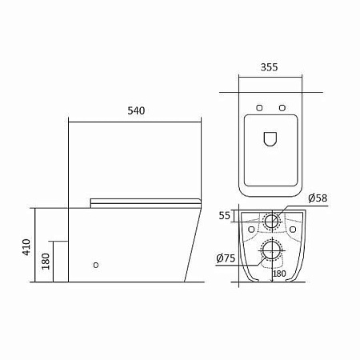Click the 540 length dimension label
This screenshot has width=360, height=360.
(136, 110)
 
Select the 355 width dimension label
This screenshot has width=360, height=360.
(269, 67)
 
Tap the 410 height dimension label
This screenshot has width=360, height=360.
(26, 247)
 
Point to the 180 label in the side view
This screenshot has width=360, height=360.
(46, 262)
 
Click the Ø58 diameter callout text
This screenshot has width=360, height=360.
(318, 198)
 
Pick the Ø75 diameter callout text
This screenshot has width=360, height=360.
(226, 258)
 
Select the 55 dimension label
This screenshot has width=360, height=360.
(224, 215)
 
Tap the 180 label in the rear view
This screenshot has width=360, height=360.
(279, 274)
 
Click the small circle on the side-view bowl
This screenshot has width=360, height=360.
(96, 265)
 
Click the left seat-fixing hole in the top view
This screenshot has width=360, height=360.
(259, 108)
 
